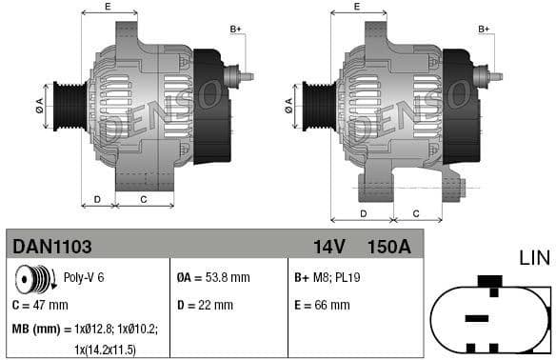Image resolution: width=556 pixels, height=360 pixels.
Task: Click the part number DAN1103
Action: tap(52, 246)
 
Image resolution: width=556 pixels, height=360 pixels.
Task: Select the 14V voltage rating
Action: tap(328, 247)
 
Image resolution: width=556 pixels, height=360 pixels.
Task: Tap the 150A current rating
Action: tap(388, 247)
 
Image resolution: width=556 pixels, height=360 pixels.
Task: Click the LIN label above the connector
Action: tap(534, 257)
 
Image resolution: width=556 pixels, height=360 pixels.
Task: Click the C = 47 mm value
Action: tap(40, 306)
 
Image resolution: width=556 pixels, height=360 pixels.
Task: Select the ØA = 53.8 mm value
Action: tap(213, 278)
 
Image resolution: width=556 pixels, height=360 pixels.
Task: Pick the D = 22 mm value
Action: tap(205, 306)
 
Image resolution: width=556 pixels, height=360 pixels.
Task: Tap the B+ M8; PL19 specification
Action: tap(328, 278)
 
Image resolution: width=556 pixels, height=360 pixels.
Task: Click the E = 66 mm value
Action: tap(323, 306)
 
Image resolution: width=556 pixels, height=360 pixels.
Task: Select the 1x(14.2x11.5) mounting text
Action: tap(105, 350)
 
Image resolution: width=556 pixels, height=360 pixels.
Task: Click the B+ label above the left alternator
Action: tap(236, 29)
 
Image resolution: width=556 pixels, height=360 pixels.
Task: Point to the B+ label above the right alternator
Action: tap(484, 29)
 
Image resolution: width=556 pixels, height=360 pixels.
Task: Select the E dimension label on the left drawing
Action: tap(107, 7)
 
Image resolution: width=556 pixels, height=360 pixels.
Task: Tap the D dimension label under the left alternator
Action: tap(97, 199)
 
